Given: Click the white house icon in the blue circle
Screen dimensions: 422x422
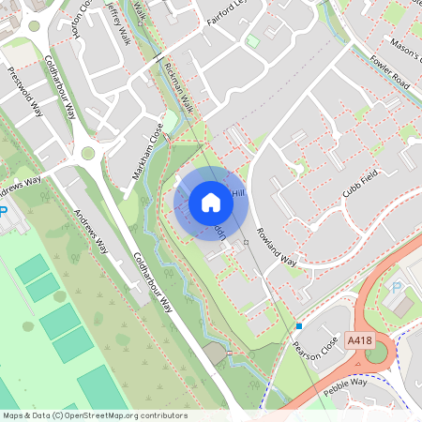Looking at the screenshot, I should pyautogui.click(x=211, y=201).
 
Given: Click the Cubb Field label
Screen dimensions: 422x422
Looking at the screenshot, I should pyautogui.click(x=339, y=185).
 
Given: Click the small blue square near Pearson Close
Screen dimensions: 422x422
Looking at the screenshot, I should pyautogui.click(x=298, y=325).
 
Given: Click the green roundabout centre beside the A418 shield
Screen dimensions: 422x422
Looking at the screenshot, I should pyautogui.click(x=377, y=354).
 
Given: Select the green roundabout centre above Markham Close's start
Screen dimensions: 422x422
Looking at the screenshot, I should pyautogui.click(x=88, y=153).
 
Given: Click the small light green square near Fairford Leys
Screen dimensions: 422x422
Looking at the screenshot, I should pyautogui.click(x=252, y=41).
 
